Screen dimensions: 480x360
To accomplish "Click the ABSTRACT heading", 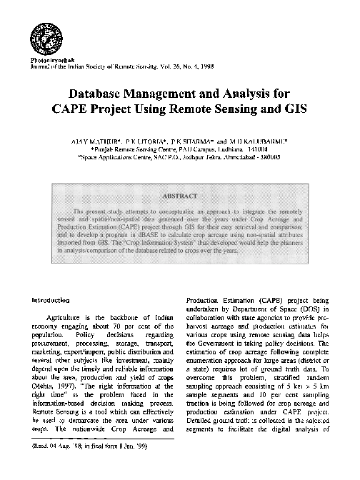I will click(x=179, y=195).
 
